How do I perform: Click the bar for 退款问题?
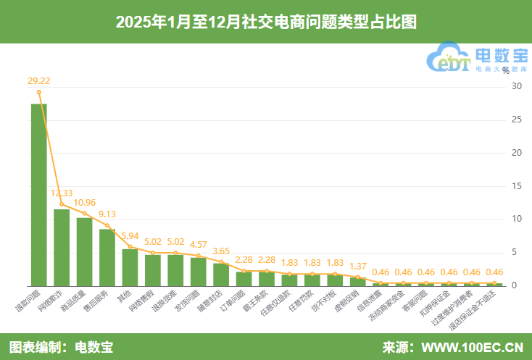click(39, 194)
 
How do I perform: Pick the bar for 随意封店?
click(221, 275)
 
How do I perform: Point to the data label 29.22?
click(39, 81)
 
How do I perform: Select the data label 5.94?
click(130, 235)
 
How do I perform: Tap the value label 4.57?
click(198, 244)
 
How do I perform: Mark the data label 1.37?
click(357, 266)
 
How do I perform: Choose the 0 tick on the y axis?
click(516, 285)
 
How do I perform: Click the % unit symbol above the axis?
click(505, 71)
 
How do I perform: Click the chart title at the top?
click(266, 22)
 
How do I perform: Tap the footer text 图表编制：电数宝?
click(61, 347)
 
